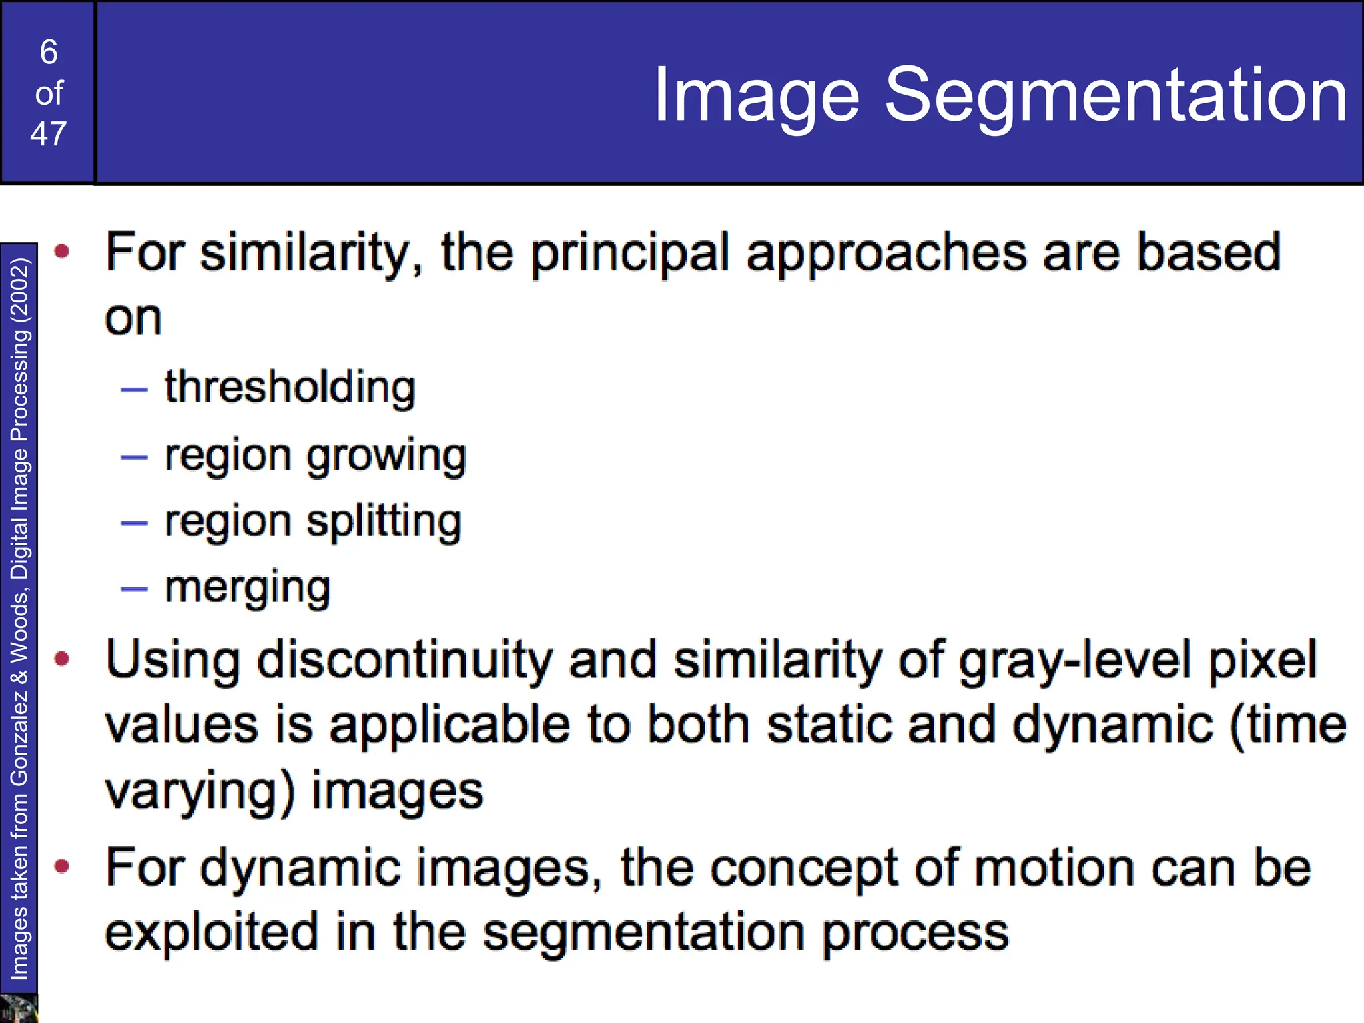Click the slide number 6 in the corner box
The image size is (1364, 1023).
[x=49, y=52]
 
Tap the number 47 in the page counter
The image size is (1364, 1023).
[x=49, y=134]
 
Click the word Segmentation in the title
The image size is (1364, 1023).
[x=1116, y=95]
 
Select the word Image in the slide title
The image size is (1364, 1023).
[x=757, y=95]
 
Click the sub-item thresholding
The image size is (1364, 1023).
[x=290, y=388]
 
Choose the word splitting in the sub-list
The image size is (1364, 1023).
[x=384, y=522]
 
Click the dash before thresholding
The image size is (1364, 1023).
[x=134, y=390]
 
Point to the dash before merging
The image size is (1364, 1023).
[x=134, y=589]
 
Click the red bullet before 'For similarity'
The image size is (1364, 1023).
[x=63, y=251]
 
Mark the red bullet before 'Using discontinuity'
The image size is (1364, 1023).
[x=63, y=659]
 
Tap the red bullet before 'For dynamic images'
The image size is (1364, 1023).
[x=63, y=866]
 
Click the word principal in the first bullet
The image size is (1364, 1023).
[x=630, y=254]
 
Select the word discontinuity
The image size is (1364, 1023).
[x=405, y=660]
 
